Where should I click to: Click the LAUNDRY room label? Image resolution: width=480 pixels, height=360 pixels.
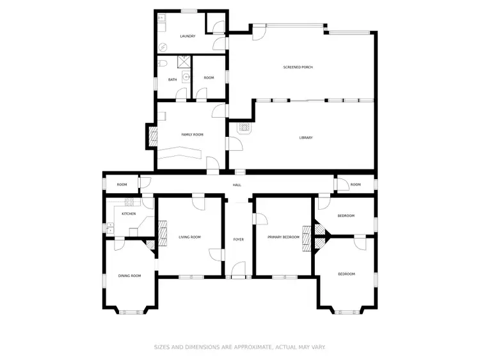188,36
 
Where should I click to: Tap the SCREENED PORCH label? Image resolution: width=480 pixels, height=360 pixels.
298,67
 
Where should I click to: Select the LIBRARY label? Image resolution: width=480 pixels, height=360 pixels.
306,137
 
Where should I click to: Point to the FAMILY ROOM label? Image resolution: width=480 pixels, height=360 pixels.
192,134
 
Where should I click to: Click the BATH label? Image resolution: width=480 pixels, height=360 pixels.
173,79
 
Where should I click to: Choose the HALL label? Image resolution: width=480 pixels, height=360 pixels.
237,185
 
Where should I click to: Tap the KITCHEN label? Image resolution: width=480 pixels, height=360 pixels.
129,214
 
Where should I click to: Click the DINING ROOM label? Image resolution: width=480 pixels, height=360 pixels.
129,276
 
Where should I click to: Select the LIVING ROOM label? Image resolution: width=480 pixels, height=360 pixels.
189,237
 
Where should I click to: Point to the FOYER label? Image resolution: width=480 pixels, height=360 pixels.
238,239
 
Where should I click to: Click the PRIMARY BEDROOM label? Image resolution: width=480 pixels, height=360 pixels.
284,237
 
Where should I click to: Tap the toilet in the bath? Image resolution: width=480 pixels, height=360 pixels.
163,63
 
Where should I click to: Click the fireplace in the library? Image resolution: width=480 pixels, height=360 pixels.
245,128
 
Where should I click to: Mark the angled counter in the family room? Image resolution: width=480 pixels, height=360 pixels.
182,153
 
